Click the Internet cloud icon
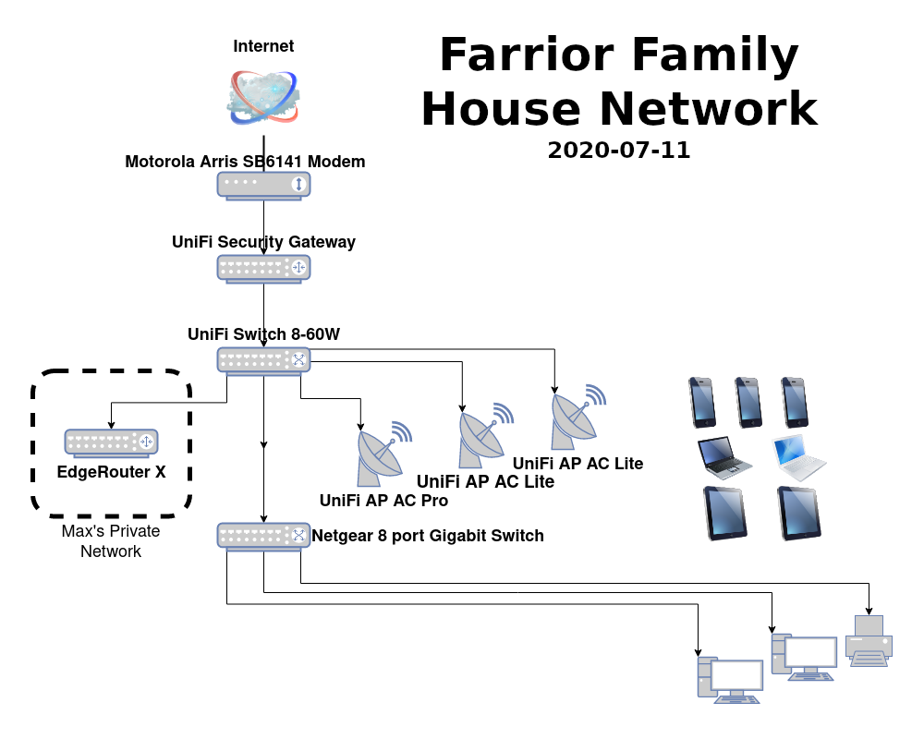tap(263, 96)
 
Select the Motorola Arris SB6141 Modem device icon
tap(264, 185)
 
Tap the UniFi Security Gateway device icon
tap(264, 268)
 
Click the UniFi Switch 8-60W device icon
tap(264, 360)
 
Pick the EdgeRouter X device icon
tap(112, 442)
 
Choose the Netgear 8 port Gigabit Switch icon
tap(264, 536)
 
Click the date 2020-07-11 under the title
tap(618, 151)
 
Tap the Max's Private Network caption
tap(111, 541)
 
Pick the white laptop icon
tap(799, 454)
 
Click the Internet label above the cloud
tap(263, 46)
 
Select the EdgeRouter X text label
tap(112, 472)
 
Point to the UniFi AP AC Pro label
tap(383, 501)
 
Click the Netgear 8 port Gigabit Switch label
tap(428, 536)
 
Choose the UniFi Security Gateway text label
tap(263, 242)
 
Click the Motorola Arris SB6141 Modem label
tap(245, 162)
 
